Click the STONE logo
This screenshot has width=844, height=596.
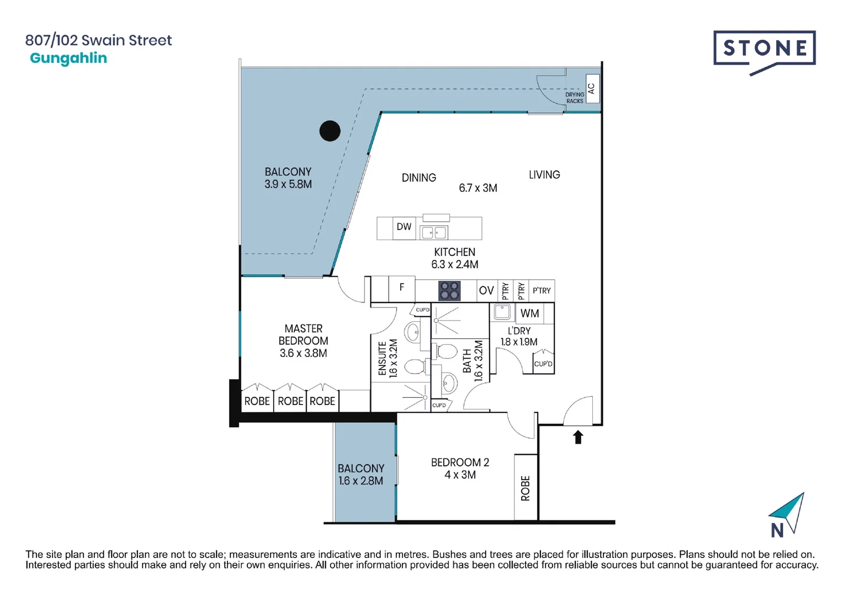tap(765, 53)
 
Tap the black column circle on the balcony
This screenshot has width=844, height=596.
tap(330, 131)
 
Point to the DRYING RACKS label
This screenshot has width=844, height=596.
tap(575, 98)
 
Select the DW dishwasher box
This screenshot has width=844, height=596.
tap(404, 228)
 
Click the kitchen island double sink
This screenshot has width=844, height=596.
tap(434, 232)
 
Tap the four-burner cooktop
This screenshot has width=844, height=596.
tap(449, 291)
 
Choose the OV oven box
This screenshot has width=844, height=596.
tap(487, 290)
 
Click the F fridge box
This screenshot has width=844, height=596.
tap(402, 289)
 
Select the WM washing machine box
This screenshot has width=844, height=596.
tap(529, 313)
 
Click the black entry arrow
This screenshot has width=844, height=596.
tap(578, 438)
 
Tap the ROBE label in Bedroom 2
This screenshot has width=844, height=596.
tap(525, 488)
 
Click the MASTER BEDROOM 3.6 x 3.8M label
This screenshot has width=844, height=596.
tap(303, 340)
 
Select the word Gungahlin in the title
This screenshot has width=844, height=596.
tap(68, 58)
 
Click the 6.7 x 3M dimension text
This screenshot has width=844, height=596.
tap(478, 188)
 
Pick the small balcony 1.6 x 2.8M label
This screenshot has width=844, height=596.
tap(361, 475)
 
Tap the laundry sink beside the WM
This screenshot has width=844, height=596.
tap(502, 312)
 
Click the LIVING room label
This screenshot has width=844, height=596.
tap(544, 175)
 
